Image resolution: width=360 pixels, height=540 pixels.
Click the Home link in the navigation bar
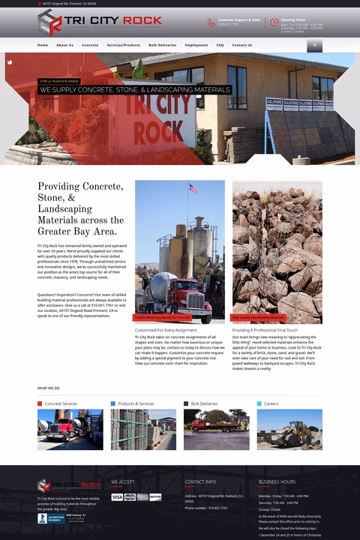43,45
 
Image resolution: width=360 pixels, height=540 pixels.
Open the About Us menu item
64,45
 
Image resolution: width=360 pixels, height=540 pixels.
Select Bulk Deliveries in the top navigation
162,45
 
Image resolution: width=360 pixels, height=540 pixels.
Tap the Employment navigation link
196,45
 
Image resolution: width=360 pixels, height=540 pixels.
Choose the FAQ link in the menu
220,45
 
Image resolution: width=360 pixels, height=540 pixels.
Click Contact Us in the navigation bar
242,45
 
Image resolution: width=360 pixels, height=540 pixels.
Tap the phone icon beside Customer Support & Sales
211,22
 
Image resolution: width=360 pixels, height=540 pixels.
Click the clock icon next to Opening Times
274,22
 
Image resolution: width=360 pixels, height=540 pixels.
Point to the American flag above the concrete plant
193,188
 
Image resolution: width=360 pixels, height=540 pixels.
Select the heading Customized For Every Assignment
165,330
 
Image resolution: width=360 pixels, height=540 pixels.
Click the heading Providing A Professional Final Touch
265,330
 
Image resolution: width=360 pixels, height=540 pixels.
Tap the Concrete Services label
61,403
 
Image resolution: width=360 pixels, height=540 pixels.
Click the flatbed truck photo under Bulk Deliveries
217,429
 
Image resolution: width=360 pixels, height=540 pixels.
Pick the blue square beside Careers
259,403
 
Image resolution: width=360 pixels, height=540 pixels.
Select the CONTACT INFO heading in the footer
200,481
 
